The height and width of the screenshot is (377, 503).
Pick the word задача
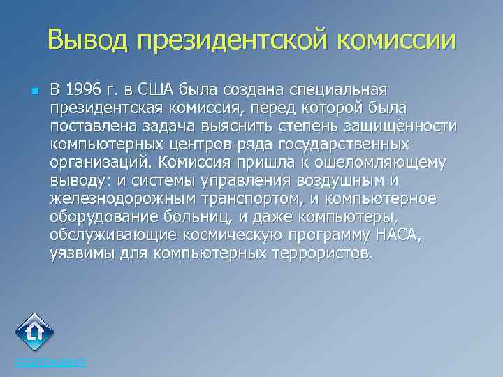(x=175, y=126)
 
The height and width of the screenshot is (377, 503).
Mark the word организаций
(x=100, y=162)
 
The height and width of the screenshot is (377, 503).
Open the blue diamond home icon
(x=35, y=333)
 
